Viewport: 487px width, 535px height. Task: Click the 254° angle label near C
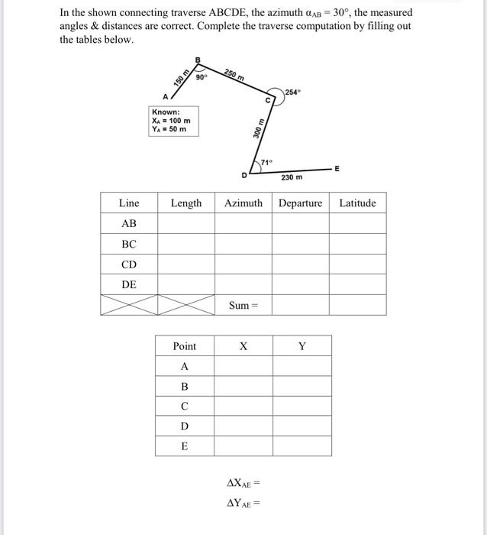coord(294,92)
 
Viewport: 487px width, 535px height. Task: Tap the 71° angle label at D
coord(266,162)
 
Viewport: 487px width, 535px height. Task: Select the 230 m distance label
coord(291,177)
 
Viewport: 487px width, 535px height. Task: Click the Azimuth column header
coord(243,203)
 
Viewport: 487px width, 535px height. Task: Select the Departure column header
coord(300,203)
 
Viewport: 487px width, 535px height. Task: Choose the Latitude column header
coord(357,203)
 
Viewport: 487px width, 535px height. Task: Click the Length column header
coord(185,203)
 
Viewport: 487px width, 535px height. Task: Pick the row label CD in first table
coord(129,264)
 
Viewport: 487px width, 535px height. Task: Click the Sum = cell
coord(243,306)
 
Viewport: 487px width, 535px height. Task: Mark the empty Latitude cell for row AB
coord(357,223)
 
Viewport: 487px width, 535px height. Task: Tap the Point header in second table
coord(184,346)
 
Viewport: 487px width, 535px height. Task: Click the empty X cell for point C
coord(243,406)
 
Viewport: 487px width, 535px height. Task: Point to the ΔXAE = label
coord(243,483)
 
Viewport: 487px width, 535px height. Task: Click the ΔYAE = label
coord(243,503)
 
